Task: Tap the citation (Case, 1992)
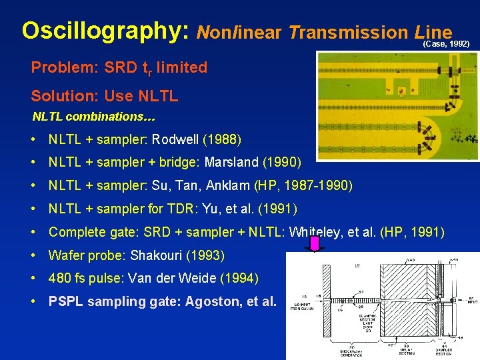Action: (x=446, y=43)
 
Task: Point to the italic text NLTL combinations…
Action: (x=94, y=117)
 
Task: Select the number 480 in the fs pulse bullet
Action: (x=60, y=278)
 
